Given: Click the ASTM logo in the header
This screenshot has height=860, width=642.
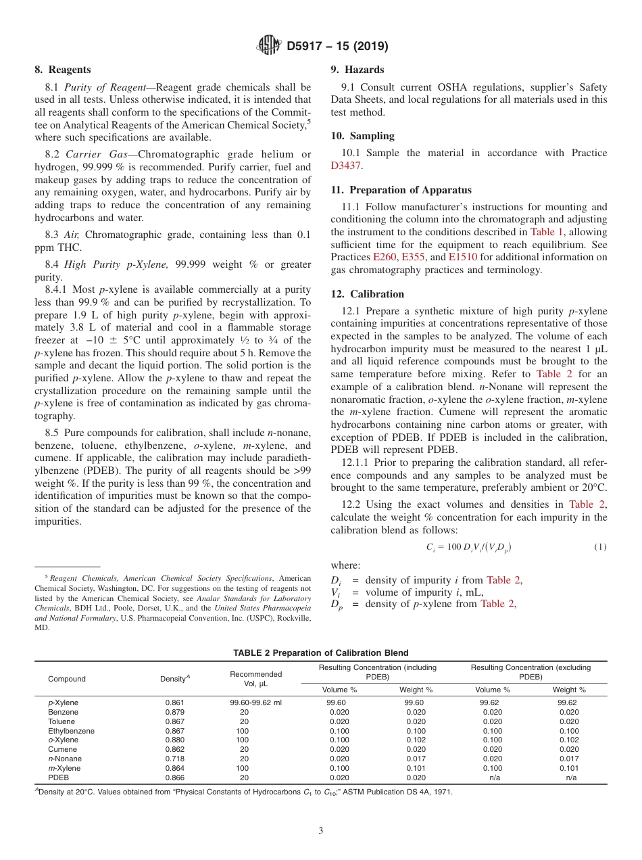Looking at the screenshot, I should tap(269, 47).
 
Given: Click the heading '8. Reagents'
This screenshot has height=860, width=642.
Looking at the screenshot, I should tap(63, 70).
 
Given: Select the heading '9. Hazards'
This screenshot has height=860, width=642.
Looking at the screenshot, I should tap(357, 70).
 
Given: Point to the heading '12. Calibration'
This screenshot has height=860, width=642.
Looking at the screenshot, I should tap(367, 294).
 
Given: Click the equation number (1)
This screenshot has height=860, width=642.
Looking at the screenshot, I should tap(600, 546).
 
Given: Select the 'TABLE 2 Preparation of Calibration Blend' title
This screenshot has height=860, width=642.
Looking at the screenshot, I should tap(320, 653).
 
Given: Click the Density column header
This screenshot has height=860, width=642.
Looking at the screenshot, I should tap(174, 679).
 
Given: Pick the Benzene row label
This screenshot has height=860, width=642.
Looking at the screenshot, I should tap(63, 712).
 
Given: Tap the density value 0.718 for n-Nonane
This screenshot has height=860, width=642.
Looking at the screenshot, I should tap(174, 759).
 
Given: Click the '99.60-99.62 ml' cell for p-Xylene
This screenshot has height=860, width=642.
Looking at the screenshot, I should tap(255, 702).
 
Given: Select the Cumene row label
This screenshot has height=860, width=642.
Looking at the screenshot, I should tap(62, 749).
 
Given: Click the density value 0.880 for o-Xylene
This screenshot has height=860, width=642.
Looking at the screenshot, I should tap(174, 740).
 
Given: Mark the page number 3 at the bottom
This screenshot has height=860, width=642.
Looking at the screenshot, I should tap(320, 831).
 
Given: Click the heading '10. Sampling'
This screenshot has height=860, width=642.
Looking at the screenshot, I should tap(362, 136).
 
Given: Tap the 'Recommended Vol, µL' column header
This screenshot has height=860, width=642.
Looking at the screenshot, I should tap(255, 679).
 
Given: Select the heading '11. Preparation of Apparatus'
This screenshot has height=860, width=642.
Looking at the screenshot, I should tap(401, 190).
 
